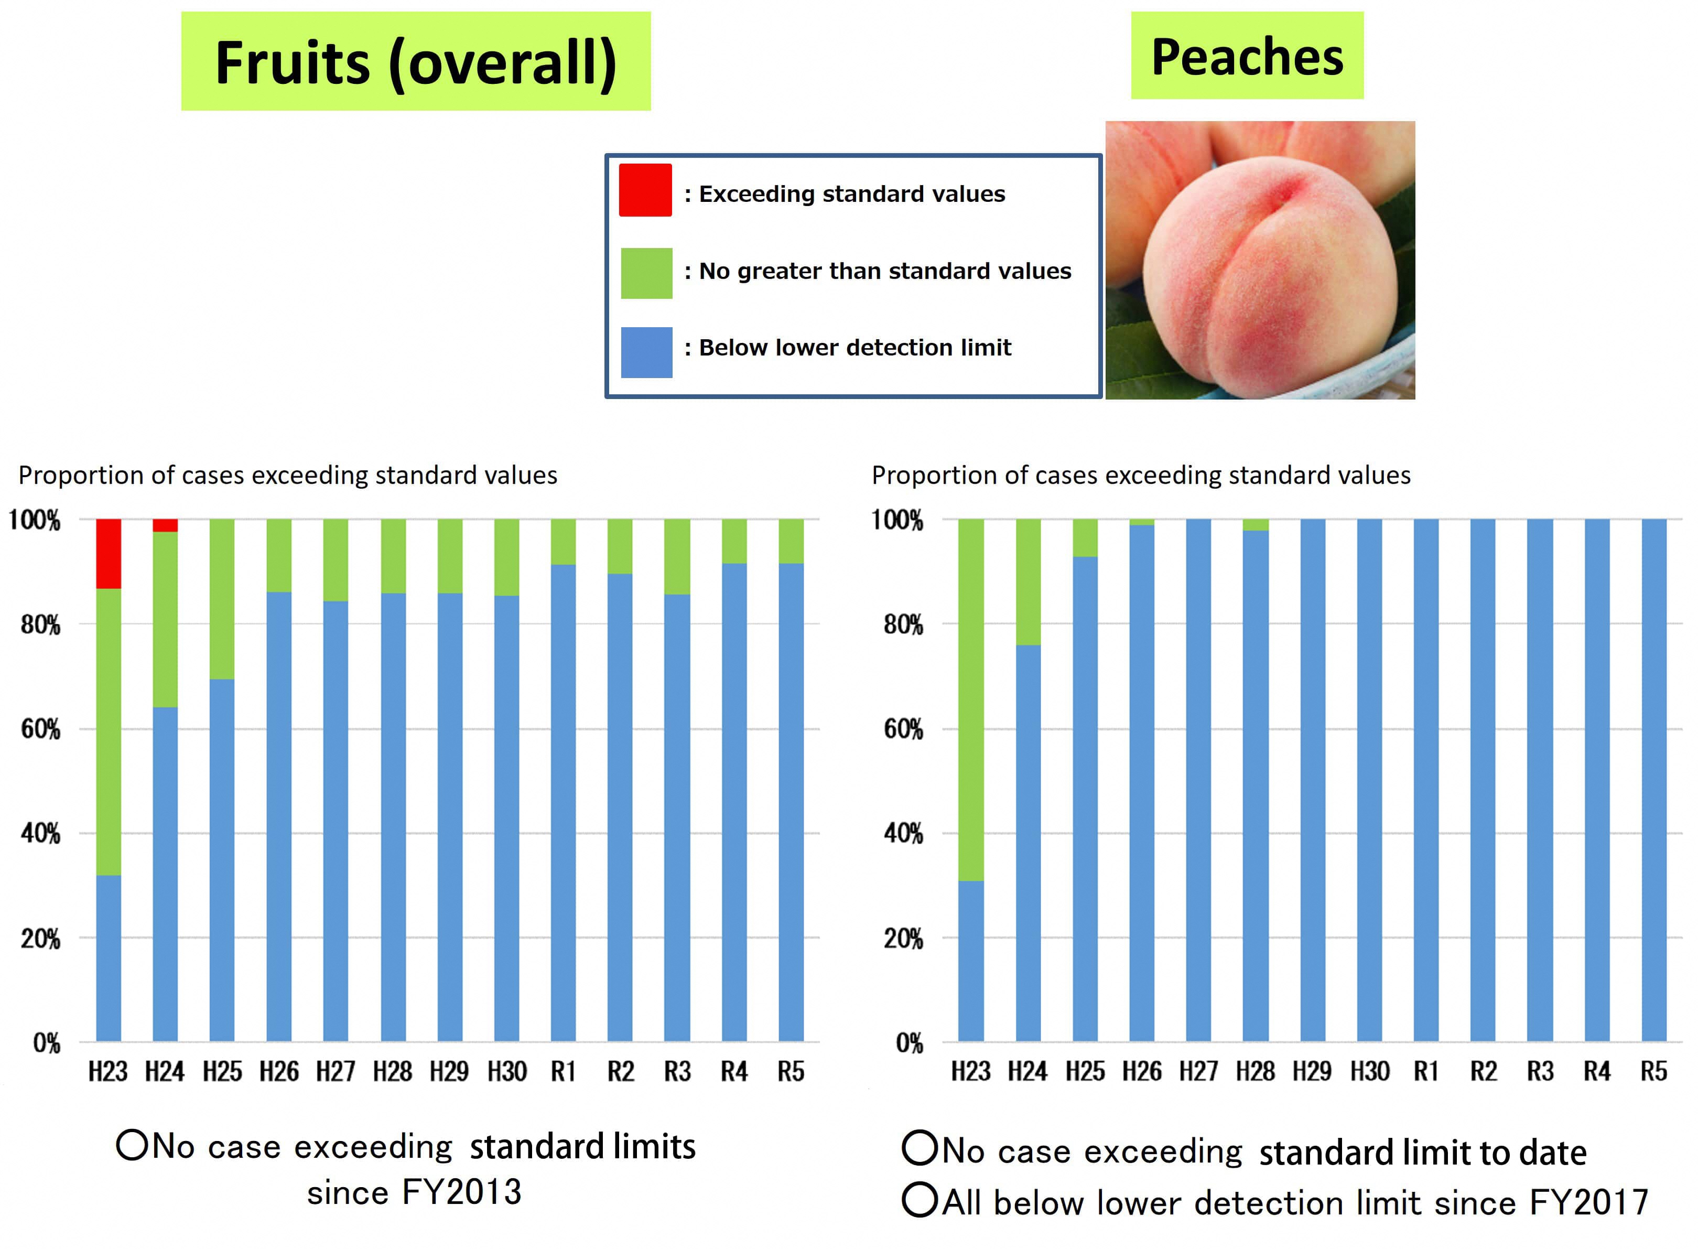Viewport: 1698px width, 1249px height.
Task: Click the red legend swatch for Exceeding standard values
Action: click(645, 190)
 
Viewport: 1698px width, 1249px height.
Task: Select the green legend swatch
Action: click(646, 273)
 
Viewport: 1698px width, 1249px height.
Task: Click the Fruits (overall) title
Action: click(416, 61)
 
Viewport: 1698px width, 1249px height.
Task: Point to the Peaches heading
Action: click(1247, 56)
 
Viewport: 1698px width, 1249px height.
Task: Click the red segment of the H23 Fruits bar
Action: click(108, 553)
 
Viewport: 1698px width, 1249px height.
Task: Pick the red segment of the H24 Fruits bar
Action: click(165, 525)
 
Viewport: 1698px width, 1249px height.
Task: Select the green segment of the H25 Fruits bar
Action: click(221, 599)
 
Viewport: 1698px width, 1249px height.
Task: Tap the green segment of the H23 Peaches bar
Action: click(970, 699)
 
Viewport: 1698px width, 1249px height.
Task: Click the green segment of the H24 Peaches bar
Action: click(1028, 582)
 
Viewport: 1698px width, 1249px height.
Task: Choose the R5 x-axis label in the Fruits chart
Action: click(791, 1071)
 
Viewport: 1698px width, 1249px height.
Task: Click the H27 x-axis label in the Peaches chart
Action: click(1198, 1071)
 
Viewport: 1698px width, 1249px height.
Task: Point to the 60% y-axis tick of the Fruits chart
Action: click(40, 729)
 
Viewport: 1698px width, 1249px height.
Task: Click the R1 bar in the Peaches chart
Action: click(1426, 779)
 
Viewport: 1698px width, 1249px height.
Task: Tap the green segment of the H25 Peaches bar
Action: click(1085, 537)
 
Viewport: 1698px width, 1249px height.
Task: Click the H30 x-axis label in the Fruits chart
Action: click(506, 1071)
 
